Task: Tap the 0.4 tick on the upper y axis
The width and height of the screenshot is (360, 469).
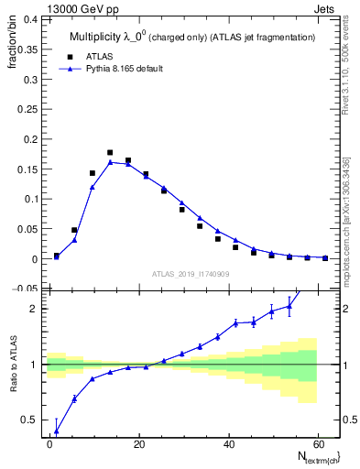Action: pyautogui.click(x=31, y=17)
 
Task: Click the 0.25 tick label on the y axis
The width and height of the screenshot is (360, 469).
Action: pyautogui.click(x=27, y=108)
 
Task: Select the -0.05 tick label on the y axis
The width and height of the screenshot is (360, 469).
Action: pyautogui.click(x=26, y=289)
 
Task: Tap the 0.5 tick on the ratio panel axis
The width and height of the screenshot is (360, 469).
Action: pyautogui.click(x=31, y=420)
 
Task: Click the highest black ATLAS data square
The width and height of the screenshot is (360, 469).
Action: pyautogui.click(x=110, y=153)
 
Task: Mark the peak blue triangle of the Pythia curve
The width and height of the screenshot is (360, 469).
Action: pyautogui.click(x=110, y=162)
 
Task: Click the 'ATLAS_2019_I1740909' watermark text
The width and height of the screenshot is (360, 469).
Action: pyautogui.click(x=191, y=274)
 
